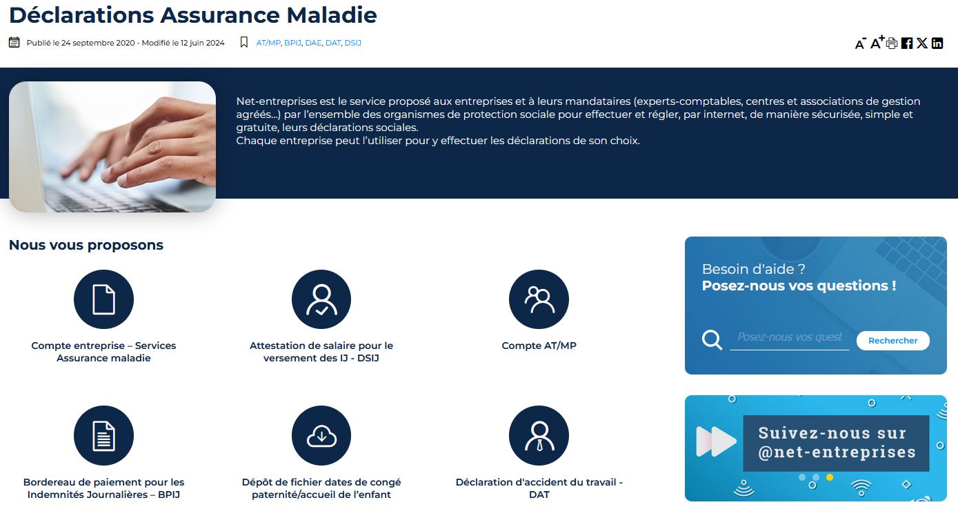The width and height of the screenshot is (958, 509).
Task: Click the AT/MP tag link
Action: coord(268,43)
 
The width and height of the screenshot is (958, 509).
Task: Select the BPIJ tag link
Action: coord(292,43)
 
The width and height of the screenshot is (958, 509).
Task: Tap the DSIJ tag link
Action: coord(353,43)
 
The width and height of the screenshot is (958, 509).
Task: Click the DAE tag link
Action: coord(313,43)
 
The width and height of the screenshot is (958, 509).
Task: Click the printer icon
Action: coord(892,43)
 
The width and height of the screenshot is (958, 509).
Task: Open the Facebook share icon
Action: coord(907,43)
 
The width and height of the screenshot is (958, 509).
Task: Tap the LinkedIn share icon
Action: coord(937,43)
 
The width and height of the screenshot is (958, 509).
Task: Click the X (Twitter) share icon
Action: coord(922,43)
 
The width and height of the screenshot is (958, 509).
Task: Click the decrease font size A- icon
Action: coord(860,43)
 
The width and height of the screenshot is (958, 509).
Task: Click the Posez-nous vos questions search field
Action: coord(790,338)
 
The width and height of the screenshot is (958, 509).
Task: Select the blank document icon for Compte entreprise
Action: coord(103,299)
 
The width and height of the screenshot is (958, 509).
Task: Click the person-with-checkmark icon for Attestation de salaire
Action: coord(321,299)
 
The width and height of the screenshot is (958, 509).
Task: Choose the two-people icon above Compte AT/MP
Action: coord(539,299)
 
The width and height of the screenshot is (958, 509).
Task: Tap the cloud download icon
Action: coord(321,436)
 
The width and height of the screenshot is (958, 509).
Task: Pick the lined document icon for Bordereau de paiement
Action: coord(103,436)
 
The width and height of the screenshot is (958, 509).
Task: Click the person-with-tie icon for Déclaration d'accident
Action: coord(539,436)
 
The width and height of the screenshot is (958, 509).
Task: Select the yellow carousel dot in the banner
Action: coord(830,477)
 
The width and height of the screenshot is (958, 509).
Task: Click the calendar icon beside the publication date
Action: coord(14,42)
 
